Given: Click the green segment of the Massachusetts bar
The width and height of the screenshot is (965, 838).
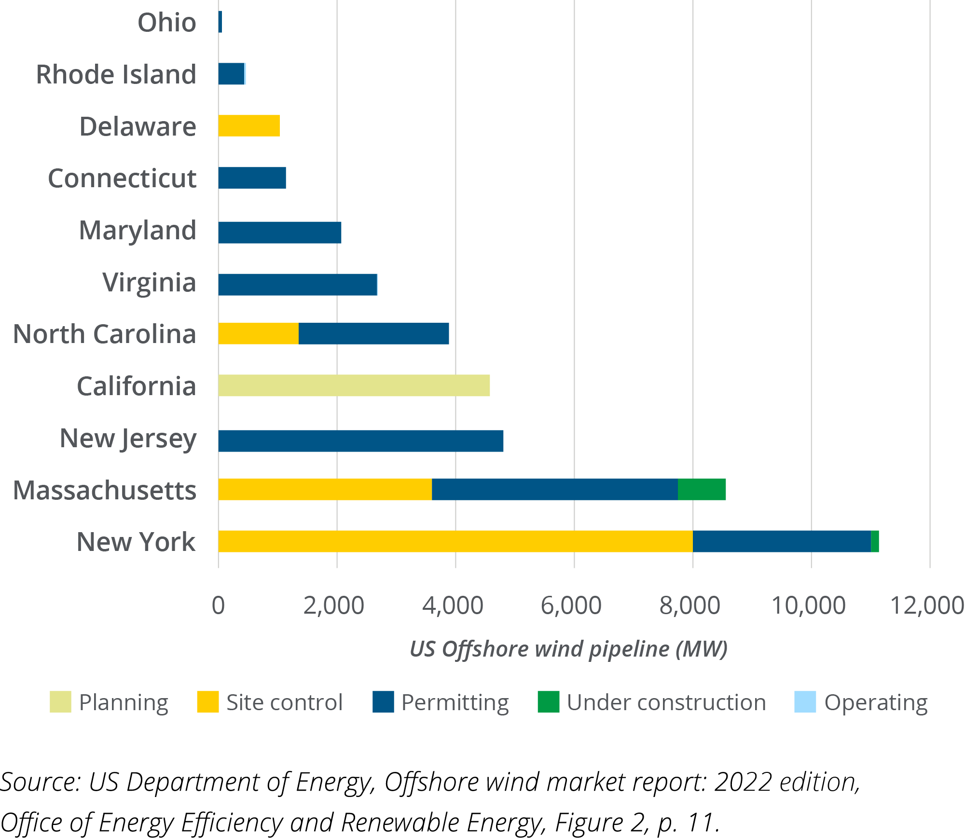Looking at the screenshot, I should click(702, 490).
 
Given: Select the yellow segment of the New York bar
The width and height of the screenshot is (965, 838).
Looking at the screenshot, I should click(455, 541).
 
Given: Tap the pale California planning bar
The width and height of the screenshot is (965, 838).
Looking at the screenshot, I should click(354, 385).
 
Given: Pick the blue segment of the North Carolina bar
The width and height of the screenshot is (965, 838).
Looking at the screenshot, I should click(373, 334).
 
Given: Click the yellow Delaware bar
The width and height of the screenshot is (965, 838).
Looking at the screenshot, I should click(249, 126).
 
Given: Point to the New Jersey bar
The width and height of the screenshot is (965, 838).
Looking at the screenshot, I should click(360, 441).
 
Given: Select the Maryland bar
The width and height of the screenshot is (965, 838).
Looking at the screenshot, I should click(280, 233).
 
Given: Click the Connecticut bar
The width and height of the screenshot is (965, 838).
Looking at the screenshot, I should click(252, 178).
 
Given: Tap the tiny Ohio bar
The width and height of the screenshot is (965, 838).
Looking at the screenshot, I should click(221, 22).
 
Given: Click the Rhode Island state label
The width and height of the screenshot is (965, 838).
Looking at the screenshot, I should click(116, 75).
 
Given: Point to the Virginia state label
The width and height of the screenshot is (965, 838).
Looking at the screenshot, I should click(149, 282).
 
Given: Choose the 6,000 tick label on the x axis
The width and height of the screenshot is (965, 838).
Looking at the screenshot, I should click(571, 605).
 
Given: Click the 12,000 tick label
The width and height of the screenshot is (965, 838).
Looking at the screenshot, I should click(926, 605).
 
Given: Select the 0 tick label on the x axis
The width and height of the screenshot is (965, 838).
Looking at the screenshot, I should click(218, 605).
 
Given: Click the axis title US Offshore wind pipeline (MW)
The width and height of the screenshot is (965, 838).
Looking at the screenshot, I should click(568, 649).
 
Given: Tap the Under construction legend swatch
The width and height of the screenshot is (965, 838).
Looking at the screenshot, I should click(548, 702).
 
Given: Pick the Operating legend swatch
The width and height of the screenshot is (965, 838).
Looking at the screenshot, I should click(805, 702).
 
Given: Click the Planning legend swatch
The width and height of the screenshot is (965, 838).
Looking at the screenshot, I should click(60, 702).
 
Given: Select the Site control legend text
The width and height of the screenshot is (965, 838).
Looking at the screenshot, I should click(284, 702).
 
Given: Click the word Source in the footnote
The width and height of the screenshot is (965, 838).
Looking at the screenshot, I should click(40, 782).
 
